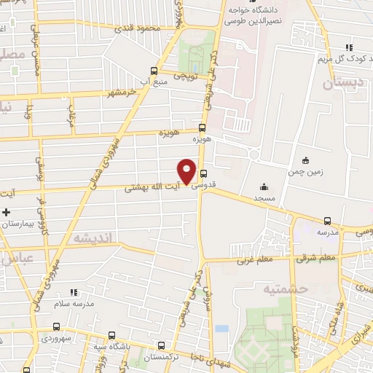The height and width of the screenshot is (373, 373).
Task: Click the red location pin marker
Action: tap(187, 170)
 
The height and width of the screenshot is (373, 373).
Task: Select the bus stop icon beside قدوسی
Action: tap(203, 173)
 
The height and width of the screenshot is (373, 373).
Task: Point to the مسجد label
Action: tap(264, 198)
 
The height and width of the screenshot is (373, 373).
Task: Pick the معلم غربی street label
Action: tap(252, 259)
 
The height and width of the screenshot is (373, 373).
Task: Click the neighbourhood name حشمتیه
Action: tap(308, 288)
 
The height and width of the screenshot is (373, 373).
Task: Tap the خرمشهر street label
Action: tap(122, 93)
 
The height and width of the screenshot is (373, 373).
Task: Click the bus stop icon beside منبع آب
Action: tap(153, 71)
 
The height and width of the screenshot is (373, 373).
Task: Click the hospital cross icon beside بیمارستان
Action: tap(7, 212)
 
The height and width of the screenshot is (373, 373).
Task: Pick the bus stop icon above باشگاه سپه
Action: tap(111, 335)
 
